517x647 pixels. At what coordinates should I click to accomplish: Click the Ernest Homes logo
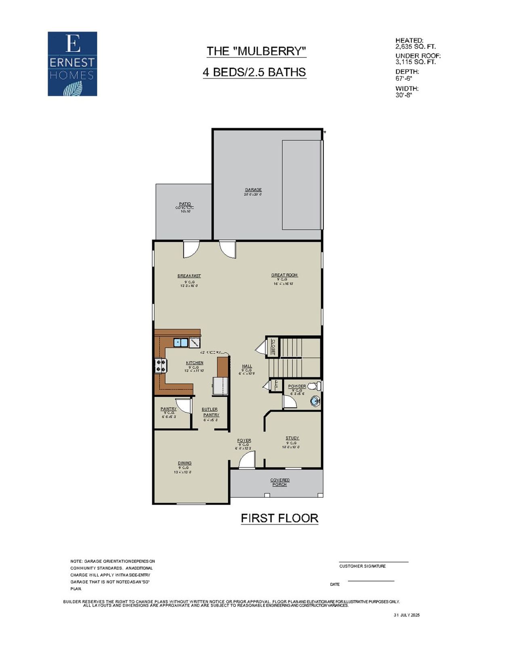point(72,64)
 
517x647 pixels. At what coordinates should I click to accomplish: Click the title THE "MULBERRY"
point(256,51)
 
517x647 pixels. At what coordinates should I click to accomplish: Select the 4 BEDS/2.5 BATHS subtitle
point(254,72)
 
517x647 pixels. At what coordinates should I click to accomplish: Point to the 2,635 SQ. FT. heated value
point(415,47)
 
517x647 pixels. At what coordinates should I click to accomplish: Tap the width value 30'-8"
point(404,95)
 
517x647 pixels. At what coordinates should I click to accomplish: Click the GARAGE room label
point(253,190)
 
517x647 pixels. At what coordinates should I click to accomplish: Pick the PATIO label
point(185,204)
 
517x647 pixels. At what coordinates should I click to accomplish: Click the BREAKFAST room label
point(189,276)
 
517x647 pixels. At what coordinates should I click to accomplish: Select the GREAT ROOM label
point(284,275)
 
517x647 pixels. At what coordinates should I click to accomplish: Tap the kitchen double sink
point(181,343)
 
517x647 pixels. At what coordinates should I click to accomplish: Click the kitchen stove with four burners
point(160,366)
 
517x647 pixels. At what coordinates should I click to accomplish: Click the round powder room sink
point(315,401)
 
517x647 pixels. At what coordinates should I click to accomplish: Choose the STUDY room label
point(292,438)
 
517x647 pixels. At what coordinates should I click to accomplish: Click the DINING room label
point(185,463)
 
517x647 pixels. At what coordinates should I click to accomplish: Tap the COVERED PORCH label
point(280,482)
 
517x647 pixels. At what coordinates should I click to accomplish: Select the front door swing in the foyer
point(247,460)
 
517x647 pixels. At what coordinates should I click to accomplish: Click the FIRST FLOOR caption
point(280,518)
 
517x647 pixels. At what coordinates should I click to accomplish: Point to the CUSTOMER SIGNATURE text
point(362,566)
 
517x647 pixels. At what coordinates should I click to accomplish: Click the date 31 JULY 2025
point(407,615)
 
